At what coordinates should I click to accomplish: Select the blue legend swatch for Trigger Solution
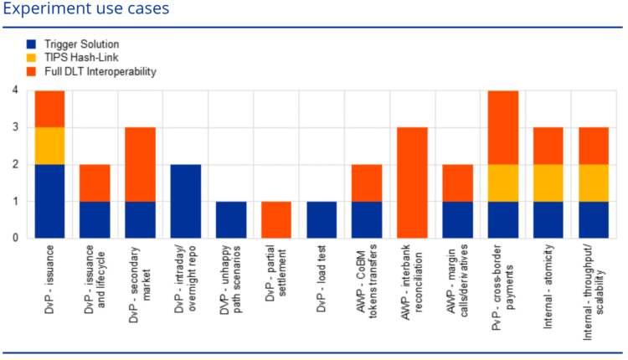(x=32, y=44)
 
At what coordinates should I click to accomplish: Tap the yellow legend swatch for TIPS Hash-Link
(x=32, y=58)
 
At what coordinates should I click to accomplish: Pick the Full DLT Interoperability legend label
(x=100, y=72)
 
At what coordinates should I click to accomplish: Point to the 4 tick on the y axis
(x=15, y=90)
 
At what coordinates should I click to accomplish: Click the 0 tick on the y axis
(x=15, y=238)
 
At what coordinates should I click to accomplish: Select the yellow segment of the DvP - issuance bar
(x=49, y=146)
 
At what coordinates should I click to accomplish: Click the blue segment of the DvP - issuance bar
(x=49, y=201)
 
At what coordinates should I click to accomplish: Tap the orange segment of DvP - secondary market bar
(x=140, y=164)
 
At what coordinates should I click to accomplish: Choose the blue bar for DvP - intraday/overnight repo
(x=185, y=201)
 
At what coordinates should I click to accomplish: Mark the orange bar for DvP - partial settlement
(x=275, y=219)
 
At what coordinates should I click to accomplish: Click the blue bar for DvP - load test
(x=321, y=219)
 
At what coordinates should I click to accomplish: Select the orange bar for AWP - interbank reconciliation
(x=412, y=183)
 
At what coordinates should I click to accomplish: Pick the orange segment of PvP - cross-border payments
(x=502, y=127)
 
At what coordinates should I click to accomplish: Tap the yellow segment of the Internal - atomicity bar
(x=548, y=183)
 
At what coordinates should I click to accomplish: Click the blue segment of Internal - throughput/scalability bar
(x=593, y=219)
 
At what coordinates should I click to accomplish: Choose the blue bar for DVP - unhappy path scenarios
(x=230, y=219)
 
